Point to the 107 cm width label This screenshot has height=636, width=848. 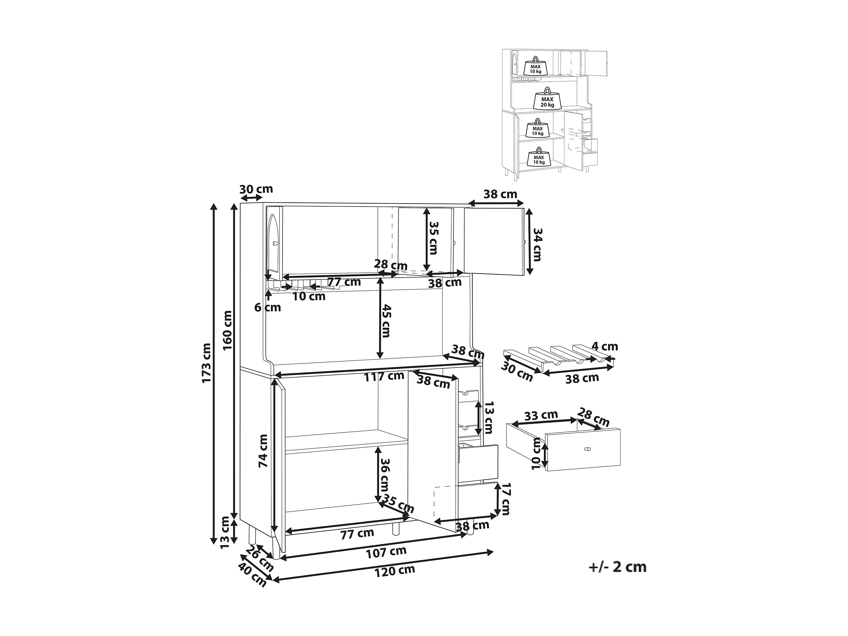[x=386, y=552]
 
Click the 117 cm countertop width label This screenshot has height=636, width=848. [x=384, y=376]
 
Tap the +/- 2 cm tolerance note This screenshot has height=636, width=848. [x=617, y=567]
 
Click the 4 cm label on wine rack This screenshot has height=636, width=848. [x=605, y=347]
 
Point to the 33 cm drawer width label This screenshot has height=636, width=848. [x=541, y=415]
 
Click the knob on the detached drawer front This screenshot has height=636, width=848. [x=587, y=449]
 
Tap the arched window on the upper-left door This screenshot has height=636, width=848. [x=273, y=242]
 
